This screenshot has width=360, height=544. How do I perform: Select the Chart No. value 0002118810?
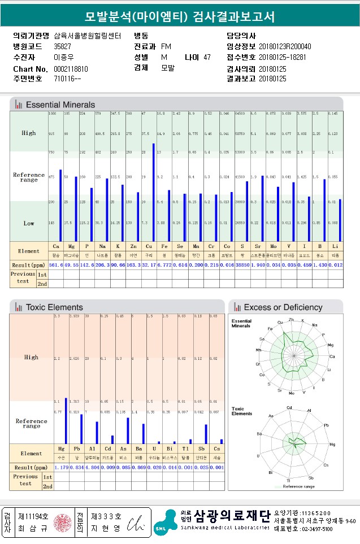tap(71, 69)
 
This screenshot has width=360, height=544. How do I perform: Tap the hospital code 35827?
tap(62, 46)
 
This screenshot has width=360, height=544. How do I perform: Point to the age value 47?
tap(207, 58)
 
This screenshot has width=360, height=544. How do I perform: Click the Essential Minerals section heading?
tap(60, 105)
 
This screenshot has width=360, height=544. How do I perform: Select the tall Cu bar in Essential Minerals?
tap(153, 192)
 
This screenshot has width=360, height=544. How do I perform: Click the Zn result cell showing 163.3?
tap(133, 264)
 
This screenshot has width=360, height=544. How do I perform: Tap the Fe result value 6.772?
tap(164, 264)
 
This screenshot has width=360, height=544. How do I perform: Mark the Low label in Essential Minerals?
tap(29, 224)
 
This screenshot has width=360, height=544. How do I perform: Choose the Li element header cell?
tap(335, 247)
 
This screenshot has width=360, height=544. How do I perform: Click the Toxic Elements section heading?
tap(54, 307)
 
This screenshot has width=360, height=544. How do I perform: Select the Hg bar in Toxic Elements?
tap(66, 420)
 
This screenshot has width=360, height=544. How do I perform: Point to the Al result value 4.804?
tap(92, 468)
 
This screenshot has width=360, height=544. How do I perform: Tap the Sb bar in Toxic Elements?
tap(206, 433)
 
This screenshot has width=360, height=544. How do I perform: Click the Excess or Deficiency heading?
tap(283, 307)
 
